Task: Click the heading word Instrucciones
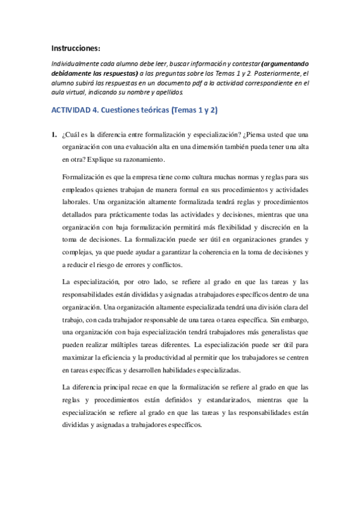[x=76, y=48]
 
